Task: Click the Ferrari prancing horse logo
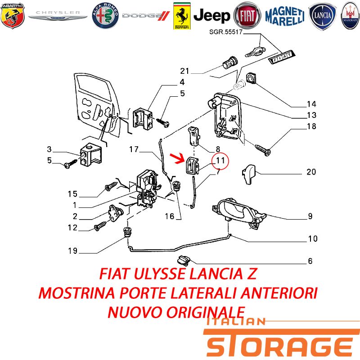click(182, 16)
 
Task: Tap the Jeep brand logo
click(211, 16)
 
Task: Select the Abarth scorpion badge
click(13, 16)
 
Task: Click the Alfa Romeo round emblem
click(105, 16)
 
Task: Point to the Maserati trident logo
click(351, 16)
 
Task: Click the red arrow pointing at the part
click(178, 158)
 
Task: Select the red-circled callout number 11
click(220, 161)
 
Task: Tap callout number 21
click(184, 71)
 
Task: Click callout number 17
click(134, 149)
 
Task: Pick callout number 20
click(311, 172)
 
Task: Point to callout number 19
click(72, 251)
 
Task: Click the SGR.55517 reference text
click(226, 32)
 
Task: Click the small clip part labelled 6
click(184, 260)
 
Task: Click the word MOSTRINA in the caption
click(76, 293)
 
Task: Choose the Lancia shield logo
click(322, 16)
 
